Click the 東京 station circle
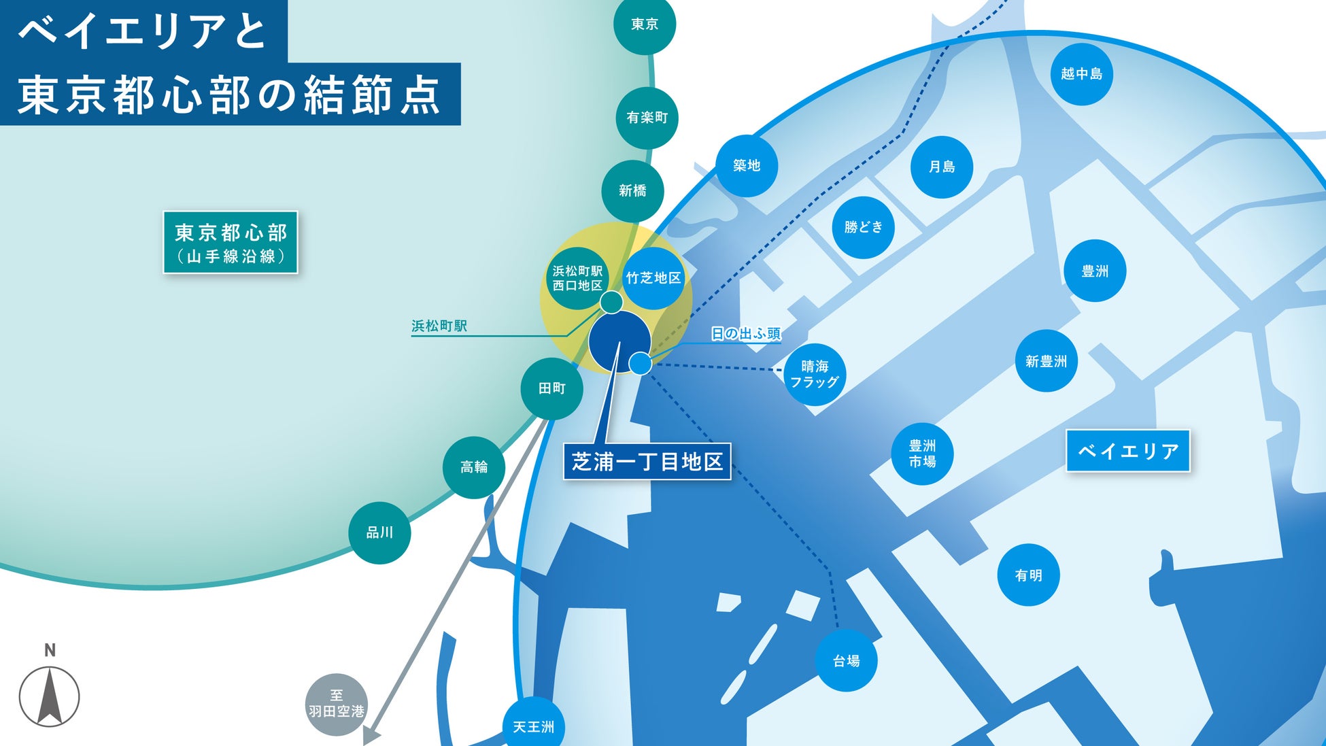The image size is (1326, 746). [x=644, y=24]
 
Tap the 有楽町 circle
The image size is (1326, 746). [x=647, y=118]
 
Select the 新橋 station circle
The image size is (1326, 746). [x=632, y=191]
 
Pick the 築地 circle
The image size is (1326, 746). [x=746, y=165]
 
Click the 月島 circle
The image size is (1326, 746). [x=941, y=167]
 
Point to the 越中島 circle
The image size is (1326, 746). [x=1081, y=74]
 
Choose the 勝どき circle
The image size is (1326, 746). [x=863, y=227]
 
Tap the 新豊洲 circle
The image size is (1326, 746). [x=1046, y=361]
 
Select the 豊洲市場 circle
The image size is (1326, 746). [x=922, y=454]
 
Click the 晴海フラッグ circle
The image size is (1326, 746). [x=814, y=374]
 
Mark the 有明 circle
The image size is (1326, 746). [x=1028, y=575]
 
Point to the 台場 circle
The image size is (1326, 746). [x=846, y=660]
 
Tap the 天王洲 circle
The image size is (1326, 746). [x=533, y=726]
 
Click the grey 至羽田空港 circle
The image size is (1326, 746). [x=337, y=704]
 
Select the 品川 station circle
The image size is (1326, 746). [x=379, y=532]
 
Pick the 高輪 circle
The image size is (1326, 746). [x=473, y=467]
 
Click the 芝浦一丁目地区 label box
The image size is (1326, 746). [x=647, y=462]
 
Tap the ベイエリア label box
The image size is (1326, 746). [x=1127, y=451]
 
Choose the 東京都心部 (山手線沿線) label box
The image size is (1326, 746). [x=231, y=243]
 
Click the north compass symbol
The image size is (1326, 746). [x=49, y=695]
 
